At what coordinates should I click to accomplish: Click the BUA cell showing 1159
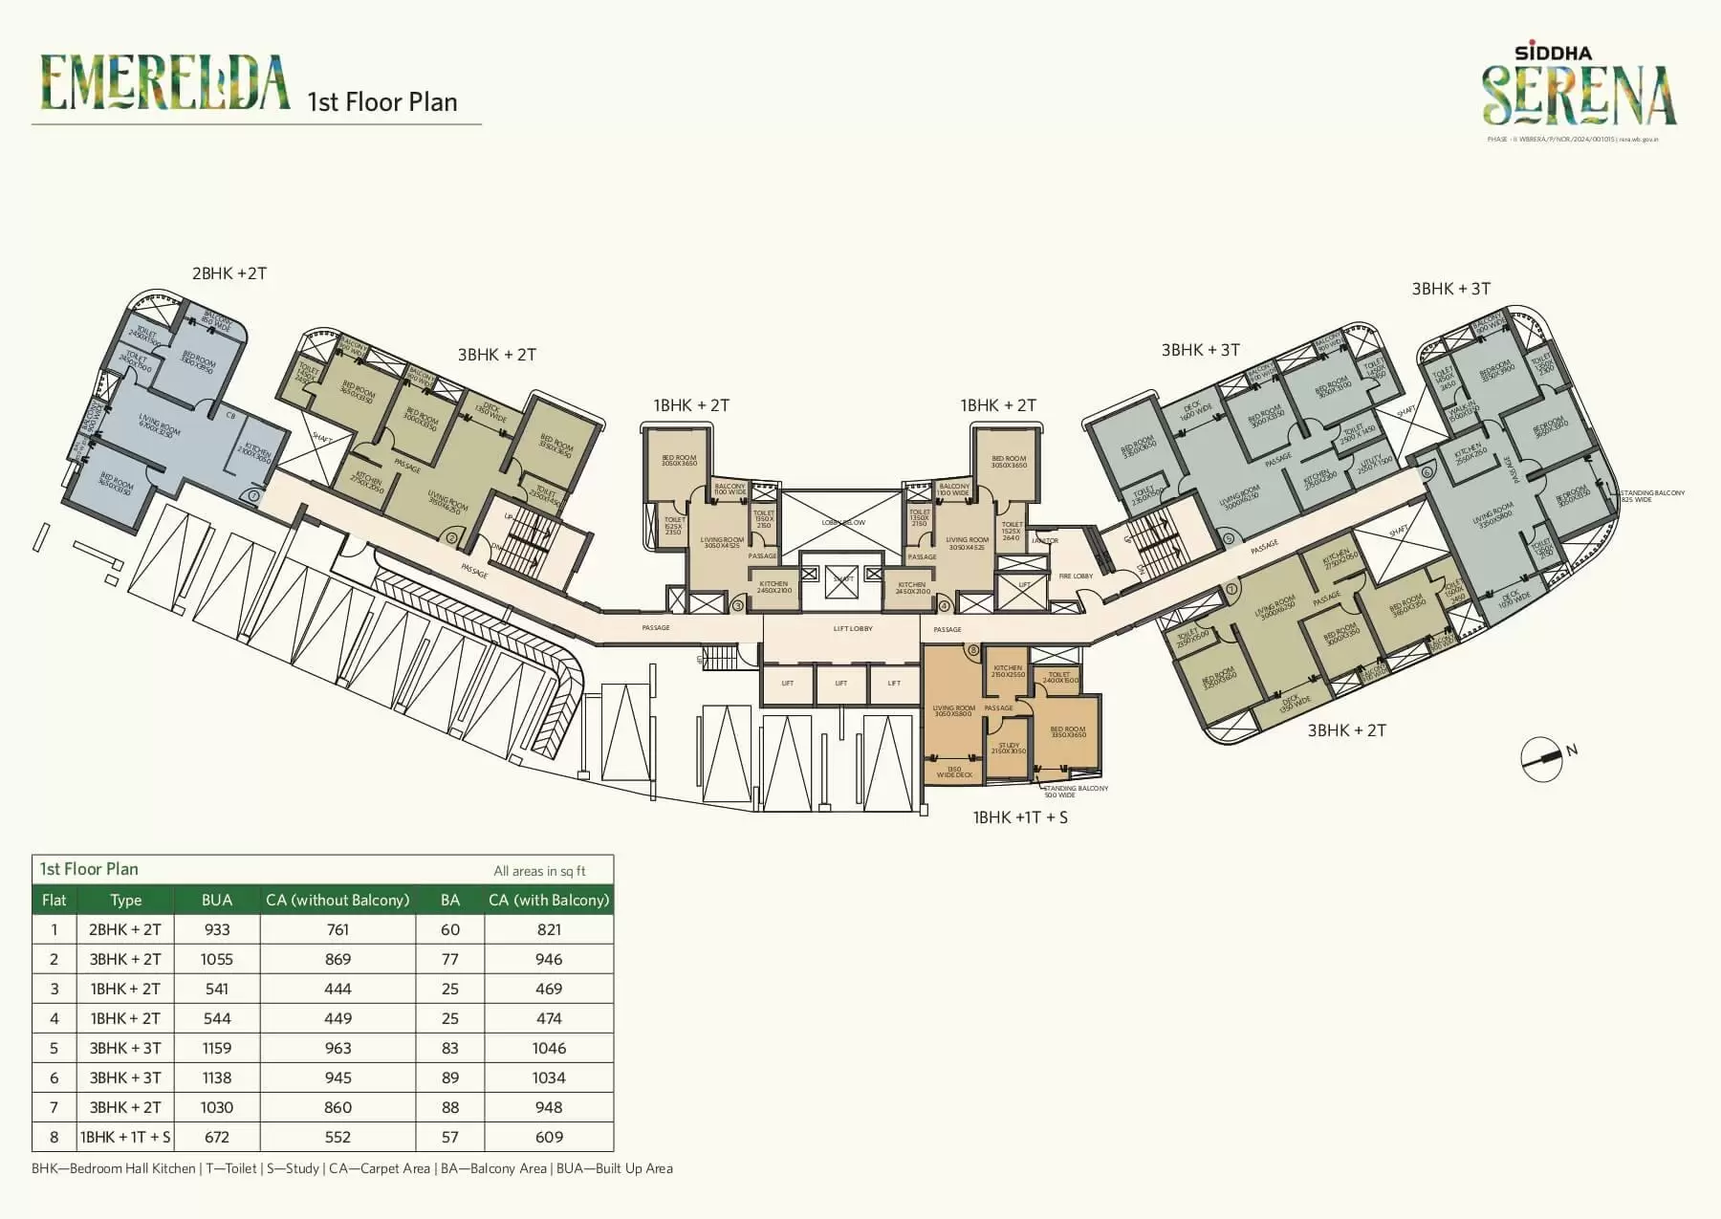[x=217, y=1048]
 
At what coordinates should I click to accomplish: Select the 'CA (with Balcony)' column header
[x=549, y=900]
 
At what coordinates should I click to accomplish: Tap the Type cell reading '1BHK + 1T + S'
[x=125, y=1137]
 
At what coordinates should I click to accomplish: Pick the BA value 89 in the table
[x=450, y=1078]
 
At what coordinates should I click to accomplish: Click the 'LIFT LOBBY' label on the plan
[x=853, y=629]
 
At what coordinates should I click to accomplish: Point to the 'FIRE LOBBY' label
[x=1076, y=577]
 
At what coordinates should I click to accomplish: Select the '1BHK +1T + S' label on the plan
[x=1020, y=817]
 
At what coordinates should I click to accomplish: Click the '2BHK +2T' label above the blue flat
[x=229, y=273]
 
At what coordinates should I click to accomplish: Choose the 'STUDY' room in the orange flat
[x=1009, y=748]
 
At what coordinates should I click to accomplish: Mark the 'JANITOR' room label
[x=1045, y=541]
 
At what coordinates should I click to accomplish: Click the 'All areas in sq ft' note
[x=539, y=871]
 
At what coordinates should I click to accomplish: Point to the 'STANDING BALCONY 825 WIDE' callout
[x=1652, y=496]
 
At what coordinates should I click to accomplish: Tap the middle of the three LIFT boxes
[x=840, y=684]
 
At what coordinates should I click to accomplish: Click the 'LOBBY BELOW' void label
[x=843, y=523]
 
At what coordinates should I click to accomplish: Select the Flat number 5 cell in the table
[x=54, y=1048]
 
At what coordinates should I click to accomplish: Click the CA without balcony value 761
[x=338, y=929]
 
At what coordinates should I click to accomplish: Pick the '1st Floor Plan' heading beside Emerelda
[x=381, y=102]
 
